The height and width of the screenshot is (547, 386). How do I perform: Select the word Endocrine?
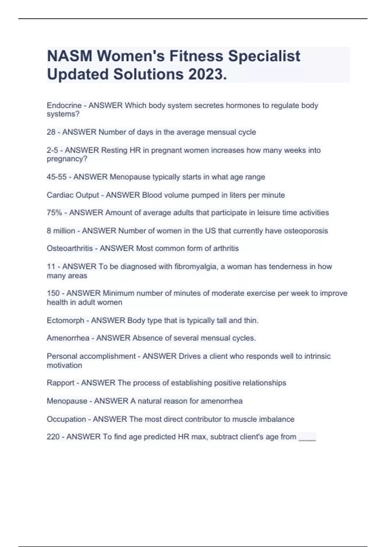pos(64,106)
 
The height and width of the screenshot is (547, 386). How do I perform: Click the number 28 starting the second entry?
pos(51,132)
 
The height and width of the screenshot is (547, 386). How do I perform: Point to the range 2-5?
pos(52,150)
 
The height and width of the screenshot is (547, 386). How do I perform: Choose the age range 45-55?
pos(57,177)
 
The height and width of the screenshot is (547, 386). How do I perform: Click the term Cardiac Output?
pos(73,195)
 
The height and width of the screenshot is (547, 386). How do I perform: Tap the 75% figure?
pos(54,213)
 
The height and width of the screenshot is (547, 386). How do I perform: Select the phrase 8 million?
pos(61,231)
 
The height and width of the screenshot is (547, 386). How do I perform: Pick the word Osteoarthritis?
pos(69,248)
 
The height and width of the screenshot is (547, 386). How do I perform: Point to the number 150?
pos(53,293)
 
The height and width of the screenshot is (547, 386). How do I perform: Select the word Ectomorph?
pos(65,320)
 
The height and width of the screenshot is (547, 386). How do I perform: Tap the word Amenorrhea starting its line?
pos(68,338)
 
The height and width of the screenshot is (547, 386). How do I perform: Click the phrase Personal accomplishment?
pos(91,356)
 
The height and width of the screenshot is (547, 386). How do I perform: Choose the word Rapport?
pos(60,383)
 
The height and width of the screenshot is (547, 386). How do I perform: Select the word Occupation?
pos(66,419)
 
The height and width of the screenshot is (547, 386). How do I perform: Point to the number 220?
pos(53,437)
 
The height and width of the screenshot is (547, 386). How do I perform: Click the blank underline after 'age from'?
pos(307,438)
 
